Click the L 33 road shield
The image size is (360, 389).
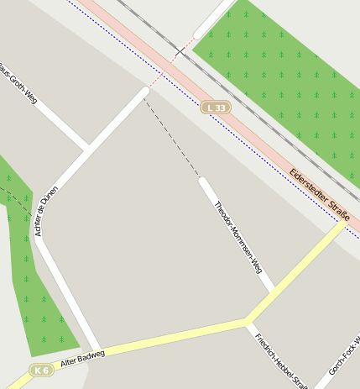[216, 108]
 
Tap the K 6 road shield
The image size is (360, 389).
[41, 370]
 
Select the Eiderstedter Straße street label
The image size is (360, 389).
[319, 197]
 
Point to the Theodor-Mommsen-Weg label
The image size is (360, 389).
[237, 237]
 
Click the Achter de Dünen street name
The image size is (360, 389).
[47, 210]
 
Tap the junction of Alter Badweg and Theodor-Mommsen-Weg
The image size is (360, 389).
[246, 321]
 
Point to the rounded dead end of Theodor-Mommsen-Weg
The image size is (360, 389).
[203, 181]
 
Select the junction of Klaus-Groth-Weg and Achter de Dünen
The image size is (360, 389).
[88, 149]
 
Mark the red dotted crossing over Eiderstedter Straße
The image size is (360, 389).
[159, 76]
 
